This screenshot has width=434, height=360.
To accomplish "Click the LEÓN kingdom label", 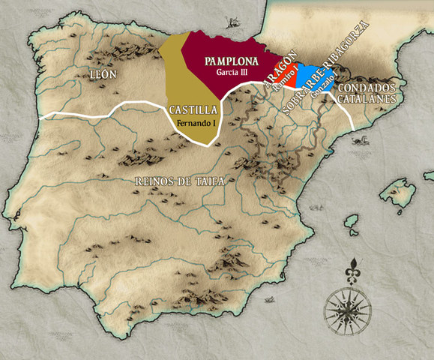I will [x=105, y=75].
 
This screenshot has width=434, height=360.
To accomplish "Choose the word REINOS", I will [x=158, y=181].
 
